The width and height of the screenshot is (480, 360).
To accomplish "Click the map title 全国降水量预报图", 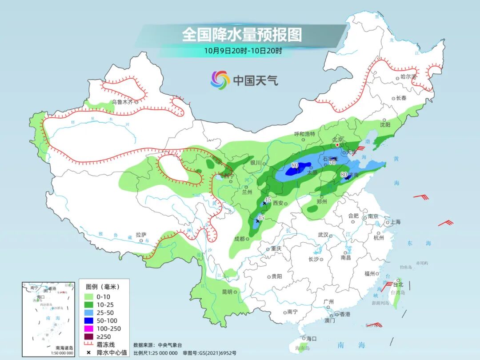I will click(x=242, y=35).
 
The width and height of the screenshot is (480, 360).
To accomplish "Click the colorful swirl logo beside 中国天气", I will click(x=220, y=80).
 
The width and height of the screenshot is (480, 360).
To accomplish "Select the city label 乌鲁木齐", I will click(x=122, y=102).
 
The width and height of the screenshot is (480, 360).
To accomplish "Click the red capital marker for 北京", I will click(x=337, y=145).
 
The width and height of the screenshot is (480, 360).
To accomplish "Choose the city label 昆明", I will click(x=227, y=292).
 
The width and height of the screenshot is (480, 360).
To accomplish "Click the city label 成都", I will click(x=239, y=239).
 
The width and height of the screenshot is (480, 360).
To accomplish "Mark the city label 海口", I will click(x=311, y=339).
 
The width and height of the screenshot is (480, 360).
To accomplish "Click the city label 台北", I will click(x=397, y=284).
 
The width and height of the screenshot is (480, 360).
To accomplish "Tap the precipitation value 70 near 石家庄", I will click(x=332, y=163).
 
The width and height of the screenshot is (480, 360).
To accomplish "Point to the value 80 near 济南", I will click(x=343, y=175).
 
